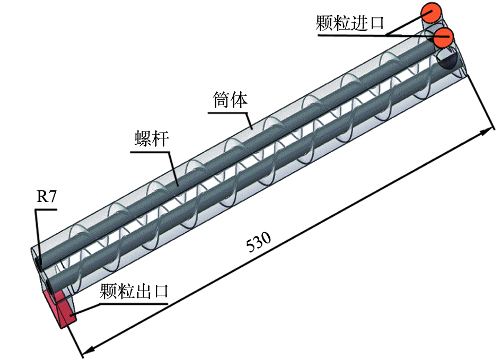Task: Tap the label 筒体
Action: [x=231, y=99]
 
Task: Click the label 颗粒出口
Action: [x=134, y=291]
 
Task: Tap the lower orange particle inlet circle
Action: [x=443, y=37]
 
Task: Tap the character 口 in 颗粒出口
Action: [x=159, y=291]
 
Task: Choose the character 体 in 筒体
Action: [x=239, y=99]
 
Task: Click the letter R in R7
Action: [x=41, y=197]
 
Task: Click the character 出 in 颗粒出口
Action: [x=142, y=291]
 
